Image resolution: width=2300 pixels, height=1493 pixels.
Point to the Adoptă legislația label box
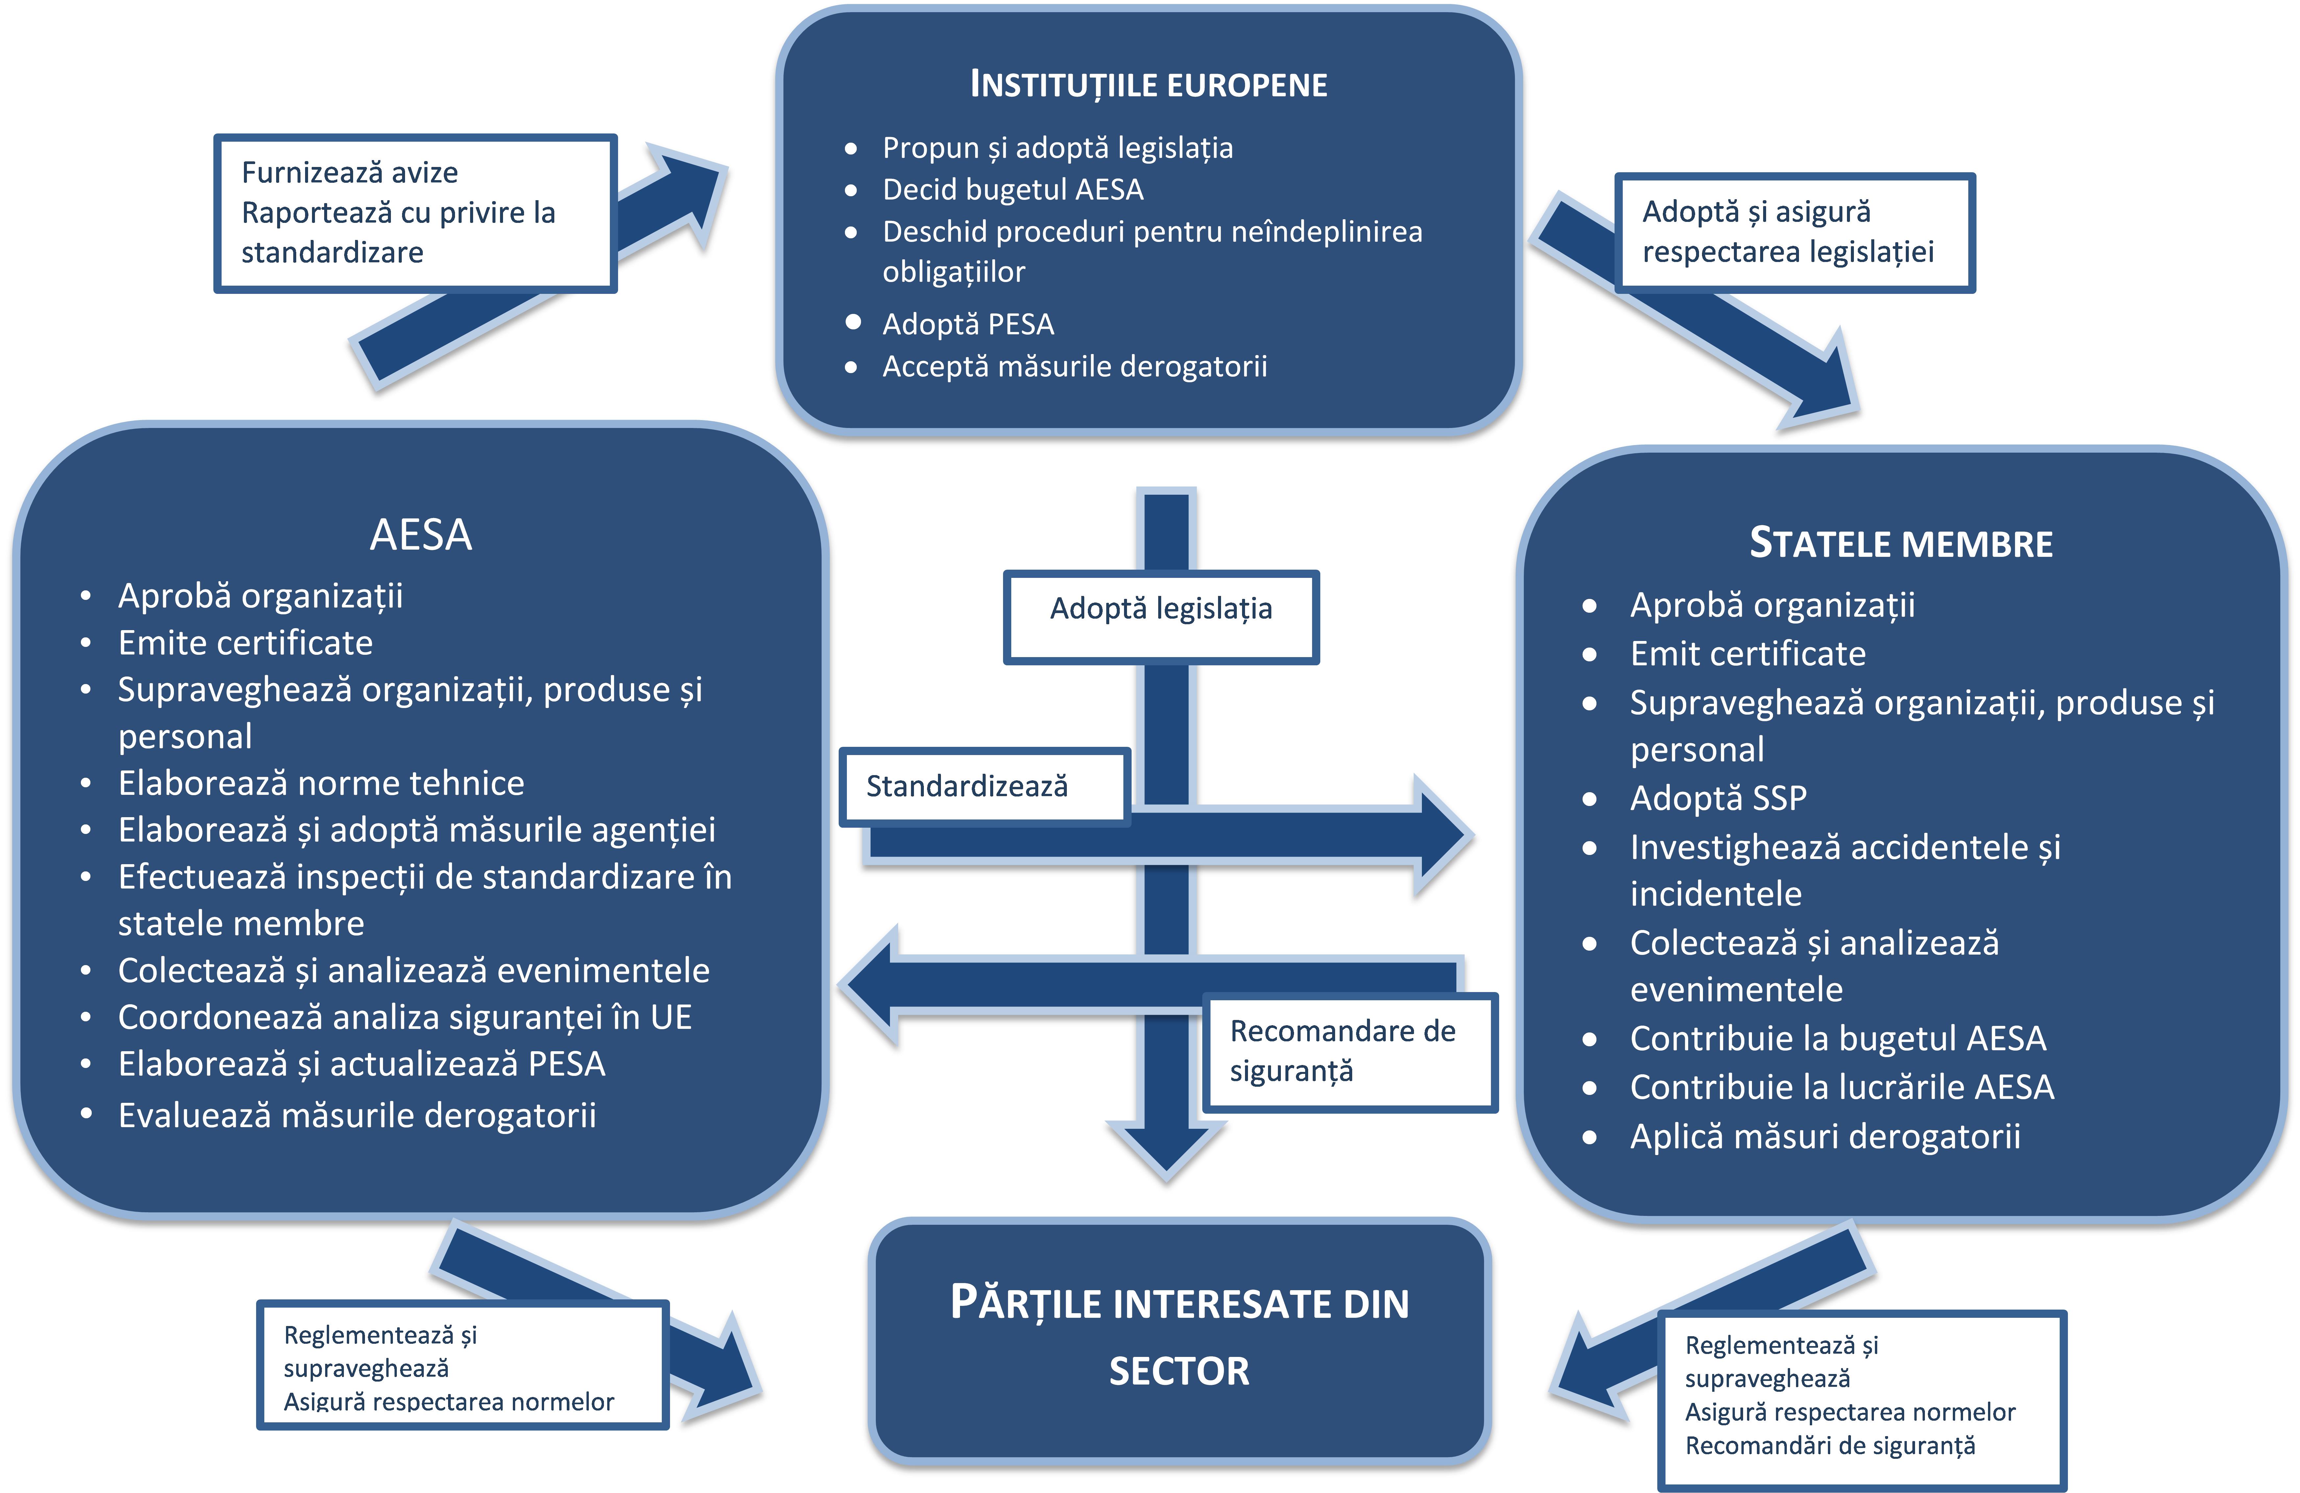(x=1161, y=616)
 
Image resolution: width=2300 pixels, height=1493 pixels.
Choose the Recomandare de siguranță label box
(x=1349, y=1052)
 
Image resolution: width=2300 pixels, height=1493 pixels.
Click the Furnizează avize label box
(x=415, y=213)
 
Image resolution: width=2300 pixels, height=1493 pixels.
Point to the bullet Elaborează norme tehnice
(x=321, y=783)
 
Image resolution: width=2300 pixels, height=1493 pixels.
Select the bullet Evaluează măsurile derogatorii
(x=357, y=1115)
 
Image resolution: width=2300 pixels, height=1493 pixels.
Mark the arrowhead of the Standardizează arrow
(x=1440, y=836)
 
